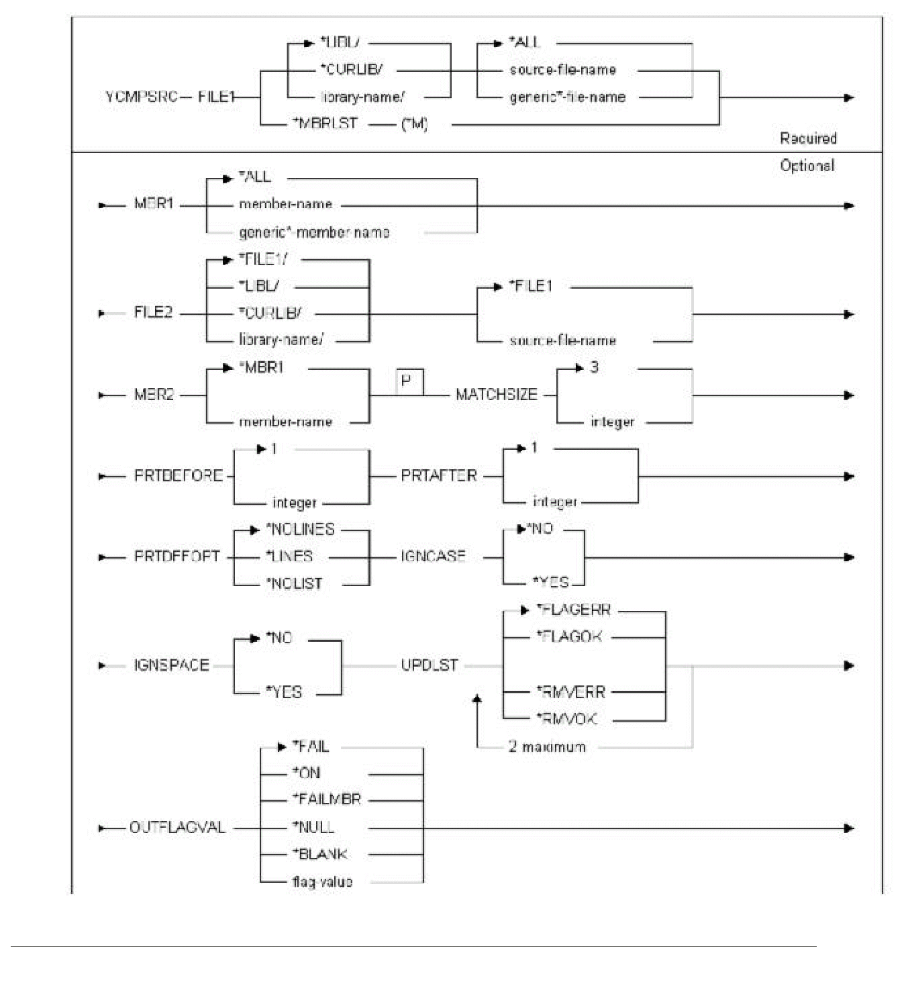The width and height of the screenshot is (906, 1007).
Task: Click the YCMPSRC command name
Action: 141,97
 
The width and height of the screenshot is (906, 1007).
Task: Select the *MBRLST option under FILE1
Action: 325,124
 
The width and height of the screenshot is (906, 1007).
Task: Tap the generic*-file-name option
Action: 567,97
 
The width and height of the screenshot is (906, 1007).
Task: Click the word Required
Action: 808,138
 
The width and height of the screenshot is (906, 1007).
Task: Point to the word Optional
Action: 807,165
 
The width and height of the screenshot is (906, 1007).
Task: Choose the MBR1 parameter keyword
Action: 154,204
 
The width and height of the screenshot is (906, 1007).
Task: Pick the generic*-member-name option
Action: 314,232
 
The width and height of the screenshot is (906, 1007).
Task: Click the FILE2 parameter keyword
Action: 153,313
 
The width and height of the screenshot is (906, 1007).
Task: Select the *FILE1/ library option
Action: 263,259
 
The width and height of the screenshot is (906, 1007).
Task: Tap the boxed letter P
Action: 409,381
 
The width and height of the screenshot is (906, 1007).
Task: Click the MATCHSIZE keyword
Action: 497,395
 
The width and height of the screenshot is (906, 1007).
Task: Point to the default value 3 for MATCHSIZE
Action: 594,367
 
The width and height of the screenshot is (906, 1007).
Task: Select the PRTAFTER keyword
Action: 439,476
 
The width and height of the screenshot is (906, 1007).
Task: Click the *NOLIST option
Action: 294,583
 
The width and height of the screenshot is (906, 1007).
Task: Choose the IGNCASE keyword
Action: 433,557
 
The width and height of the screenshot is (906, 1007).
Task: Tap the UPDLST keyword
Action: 430,665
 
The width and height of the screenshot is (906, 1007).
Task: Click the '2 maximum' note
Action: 547,747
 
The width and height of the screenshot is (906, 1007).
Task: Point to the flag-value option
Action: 322,881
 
